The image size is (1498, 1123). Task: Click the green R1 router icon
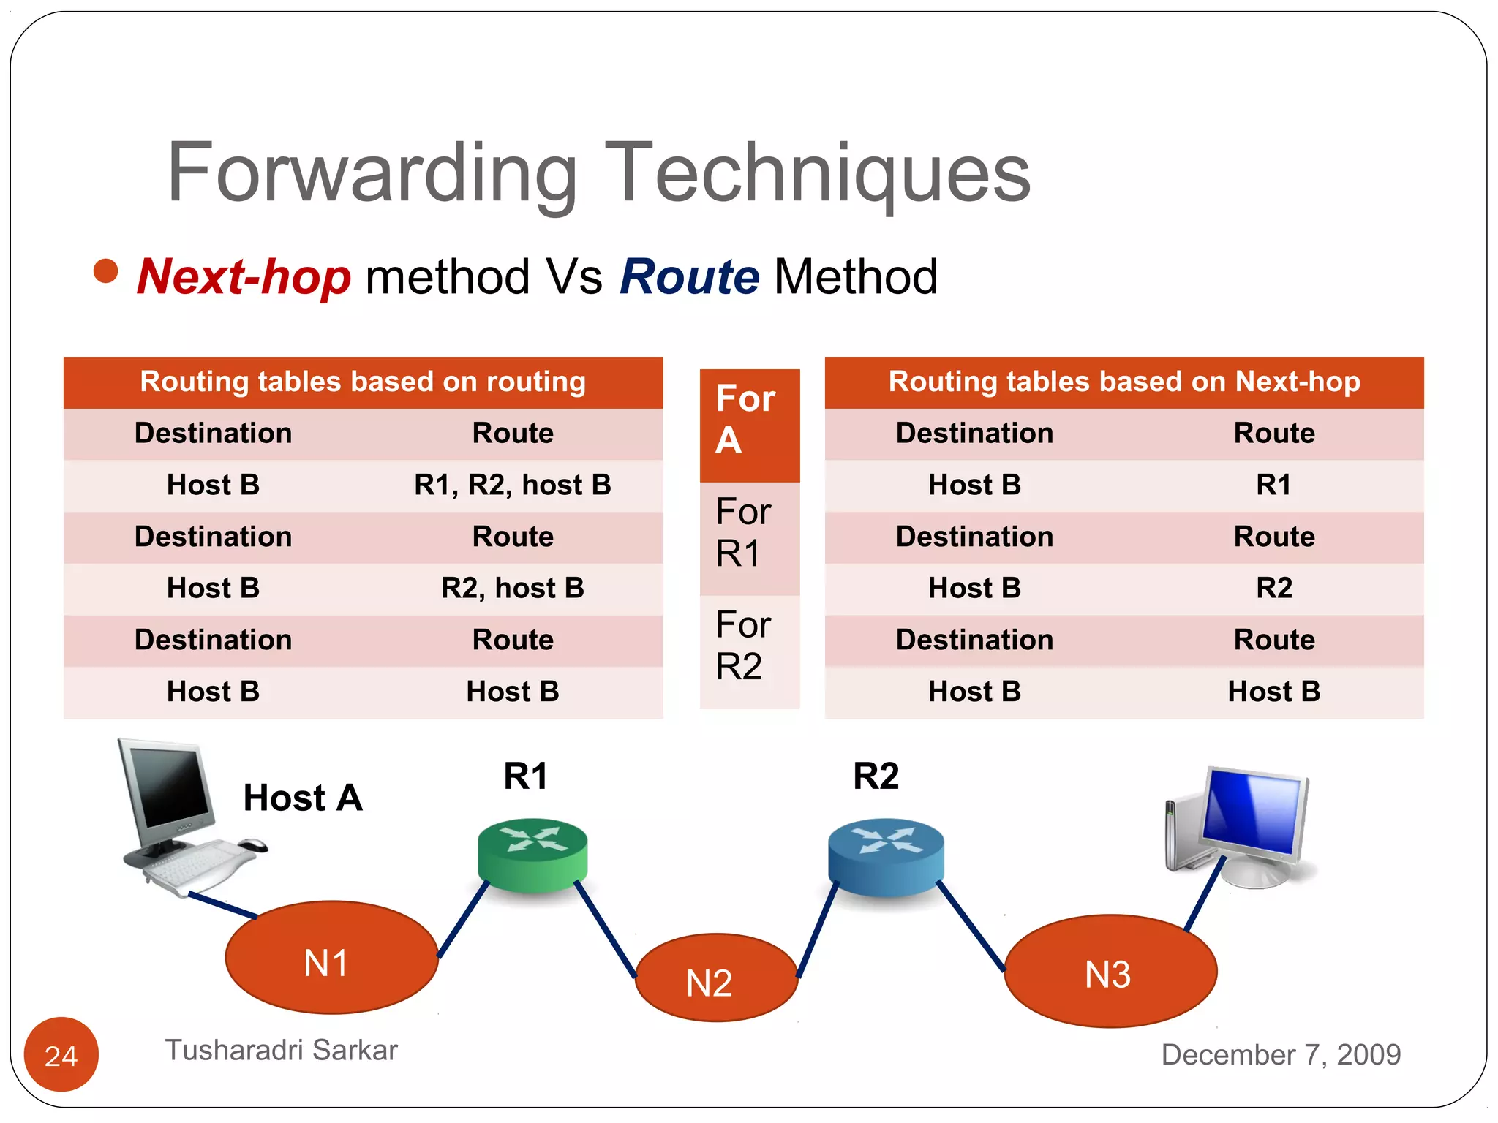[532, 854]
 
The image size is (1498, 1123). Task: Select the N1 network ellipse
[331, 958]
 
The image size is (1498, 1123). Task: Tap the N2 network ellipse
[715, 978]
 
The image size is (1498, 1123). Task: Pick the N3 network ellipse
[1110, 971]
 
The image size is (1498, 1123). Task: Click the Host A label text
[303, 798]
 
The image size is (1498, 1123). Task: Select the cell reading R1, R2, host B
[512, 485]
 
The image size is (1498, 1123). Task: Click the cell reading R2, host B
[512, 589]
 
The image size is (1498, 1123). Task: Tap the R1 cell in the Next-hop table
[1273, 485]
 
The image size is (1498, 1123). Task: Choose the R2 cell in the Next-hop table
[1273, 589]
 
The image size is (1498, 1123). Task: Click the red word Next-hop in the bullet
[244, 278]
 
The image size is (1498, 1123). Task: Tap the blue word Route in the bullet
[690, 278]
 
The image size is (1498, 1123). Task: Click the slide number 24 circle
[61, 1054]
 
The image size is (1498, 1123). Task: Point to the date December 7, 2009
[1281, 1054]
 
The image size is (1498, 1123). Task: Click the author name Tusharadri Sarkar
[282, 1050]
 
